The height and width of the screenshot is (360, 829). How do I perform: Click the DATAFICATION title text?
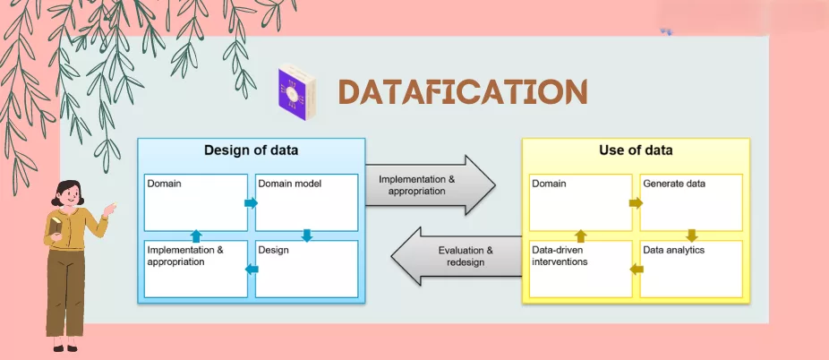click(463, 92)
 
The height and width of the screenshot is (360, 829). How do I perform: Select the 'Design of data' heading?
click(252, 150)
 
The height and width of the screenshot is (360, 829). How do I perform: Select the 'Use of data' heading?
click(636, 150)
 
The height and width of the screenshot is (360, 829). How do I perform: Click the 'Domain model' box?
click(307, 202)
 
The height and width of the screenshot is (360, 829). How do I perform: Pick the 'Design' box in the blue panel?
click(307, 269)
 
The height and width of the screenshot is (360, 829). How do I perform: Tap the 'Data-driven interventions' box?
click(580, 269)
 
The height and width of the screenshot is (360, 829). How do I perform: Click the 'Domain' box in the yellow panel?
click(580, 202)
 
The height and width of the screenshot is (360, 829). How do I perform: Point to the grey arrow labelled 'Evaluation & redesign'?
click(457, 256)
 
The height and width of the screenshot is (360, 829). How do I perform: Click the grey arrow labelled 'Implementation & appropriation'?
click(430, 184)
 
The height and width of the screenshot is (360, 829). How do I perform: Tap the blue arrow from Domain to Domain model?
click(251, 203)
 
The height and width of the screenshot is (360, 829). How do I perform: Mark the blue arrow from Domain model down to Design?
click(307, 236)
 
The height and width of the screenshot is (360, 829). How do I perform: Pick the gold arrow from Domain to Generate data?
click(636, 203)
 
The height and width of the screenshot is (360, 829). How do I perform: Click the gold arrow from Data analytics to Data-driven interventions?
click(637, 269)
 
